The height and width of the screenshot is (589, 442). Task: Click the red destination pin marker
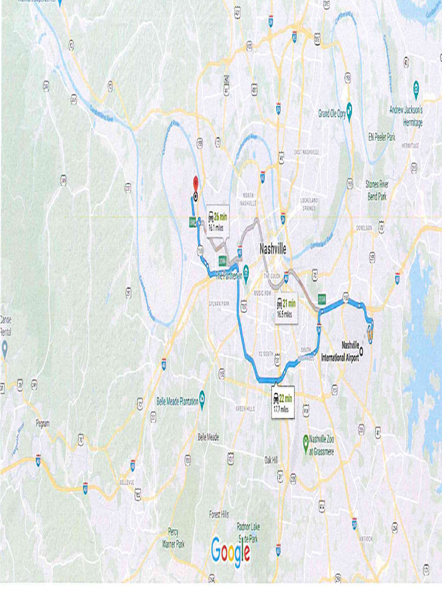[195, 183]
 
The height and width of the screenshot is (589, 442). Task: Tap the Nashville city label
[272, 250]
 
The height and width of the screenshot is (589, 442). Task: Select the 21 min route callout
[285, 308]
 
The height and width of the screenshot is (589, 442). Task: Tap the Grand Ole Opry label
[332, 114]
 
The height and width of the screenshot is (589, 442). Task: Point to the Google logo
[231, 550]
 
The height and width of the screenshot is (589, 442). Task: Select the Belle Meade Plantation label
[177, 401]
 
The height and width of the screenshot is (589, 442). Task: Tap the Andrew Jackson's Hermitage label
[406, 116]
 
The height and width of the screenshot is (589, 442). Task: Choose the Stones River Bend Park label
[377, 190]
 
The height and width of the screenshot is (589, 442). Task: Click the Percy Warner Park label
[173, 537]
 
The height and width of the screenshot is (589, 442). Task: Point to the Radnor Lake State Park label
[248, 532]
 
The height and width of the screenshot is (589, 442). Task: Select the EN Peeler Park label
[382, 137]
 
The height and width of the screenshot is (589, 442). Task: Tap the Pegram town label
[42, 423]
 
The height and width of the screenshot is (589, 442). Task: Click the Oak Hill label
[270, 460]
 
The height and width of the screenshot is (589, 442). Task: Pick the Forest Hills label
[219, 514]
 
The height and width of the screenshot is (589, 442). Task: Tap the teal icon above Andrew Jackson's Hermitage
[416, 89]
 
